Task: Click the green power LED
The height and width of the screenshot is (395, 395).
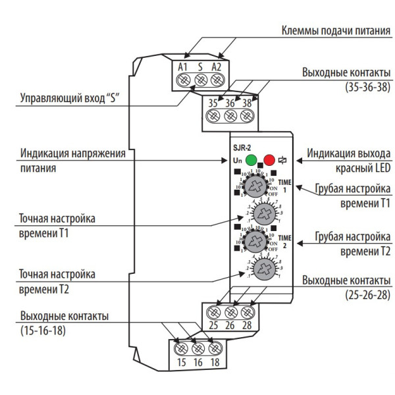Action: (x=251, y=159)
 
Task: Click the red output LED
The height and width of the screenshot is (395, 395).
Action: (x=269, y=159)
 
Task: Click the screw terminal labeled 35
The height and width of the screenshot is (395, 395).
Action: (x=213, y=116)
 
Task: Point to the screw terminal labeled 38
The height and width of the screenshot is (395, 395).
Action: (x=247, y=116)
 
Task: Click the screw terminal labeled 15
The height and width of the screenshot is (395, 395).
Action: (x=182, y=348)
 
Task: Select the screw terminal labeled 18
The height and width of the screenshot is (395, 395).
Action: (x=213, y=348)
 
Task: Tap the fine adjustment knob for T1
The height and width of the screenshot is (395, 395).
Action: (x=264, y=213)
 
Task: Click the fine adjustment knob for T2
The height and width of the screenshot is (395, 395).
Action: (x=264, y=268)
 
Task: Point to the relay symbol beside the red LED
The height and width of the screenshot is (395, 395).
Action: (x=282, y=159)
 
